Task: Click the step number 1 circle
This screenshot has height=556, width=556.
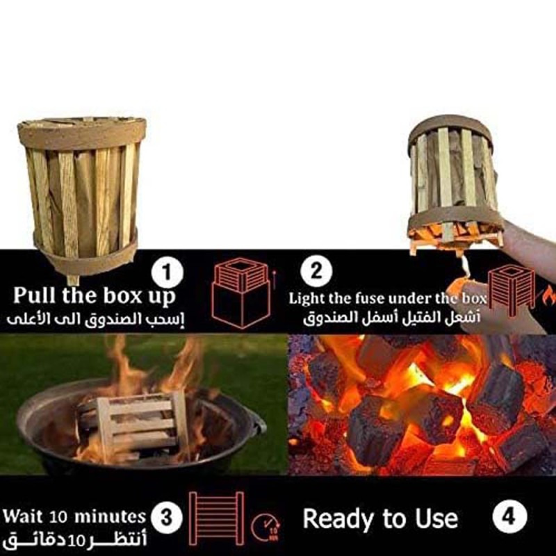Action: [x=167, y=272]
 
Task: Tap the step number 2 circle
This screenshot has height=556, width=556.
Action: [x=316, y=271]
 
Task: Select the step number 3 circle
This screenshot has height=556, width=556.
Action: [x=166, y=518]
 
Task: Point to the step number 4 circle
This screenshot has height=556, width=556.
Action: [x=509, y=516]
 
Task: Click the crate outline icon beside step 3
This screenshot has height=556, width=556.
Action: [x=216, y=518]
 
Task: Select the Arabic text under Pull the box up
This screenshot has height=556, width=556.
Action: [x=96, y=319]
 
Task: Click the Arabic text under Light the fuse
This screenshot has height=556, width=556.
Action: [x=392, y=317]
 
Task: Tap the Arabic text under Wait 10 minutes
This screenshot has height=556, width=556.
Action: [x=75, y=540]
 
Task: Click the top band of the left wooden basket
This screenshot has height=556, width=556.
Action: [x=82, y=133]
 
